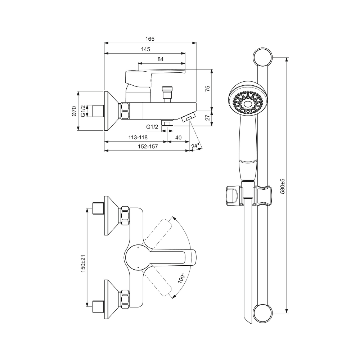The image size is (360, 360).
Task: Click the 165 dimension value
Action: click(x=150, y=39)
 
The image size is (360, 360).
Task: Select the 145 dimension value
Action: click(x=145, y=49)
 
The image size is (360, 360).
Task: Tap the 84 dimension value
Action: click(x=161, y=59)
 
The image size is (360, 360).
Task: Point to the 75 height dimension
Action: click(x=207, y=89)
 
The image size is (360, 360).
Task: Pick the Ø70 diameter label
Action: click(x=74, y=111)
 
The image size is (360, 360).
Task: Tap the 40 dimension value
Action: click(x=178, y=138)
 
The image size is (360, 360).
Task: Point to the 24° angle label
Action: click(x=195, y=146)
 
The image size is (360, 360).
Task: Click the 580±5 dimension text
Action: click(x=283, y=186)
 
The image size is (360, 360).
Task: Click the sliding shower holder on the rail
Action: click(x=248, y=196)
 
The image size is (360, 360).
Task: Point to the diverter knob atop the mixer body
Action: click(x=167, y=92)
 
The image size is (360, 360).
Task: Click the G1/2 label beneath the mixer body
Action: click(x=152, y=127)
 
